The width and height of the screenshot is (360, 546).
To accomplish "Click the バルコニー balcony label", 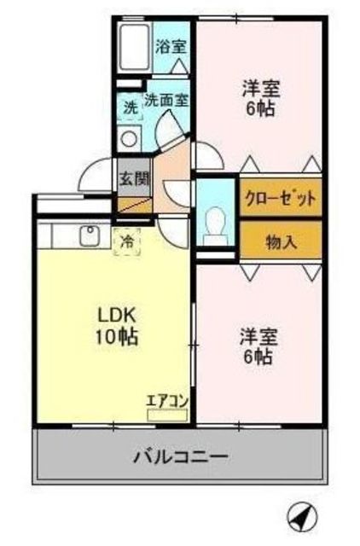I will tap(180, 456).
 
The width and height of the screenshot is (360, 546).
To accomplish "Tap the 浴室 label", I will tap(171, 48).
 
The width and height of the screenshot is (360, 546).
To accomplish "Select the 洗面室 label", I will tap(165, 100).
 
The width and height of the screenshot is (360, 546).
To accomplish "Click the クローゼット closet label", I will tap(281, 195).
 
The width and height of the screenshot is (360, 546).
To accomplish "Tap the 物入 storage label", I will tap(281, 241).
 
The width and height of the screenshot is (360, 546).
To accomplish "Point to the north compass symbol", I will tap(301, 514).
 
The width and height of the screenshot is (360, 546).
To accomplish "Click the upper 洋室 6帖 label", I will tap(259, 99).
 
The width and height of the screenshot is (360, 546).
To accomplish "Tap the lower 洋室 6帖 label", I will tap(257, 346).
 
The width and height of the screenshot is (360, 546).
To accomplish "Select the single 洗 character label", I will tap(130, 108).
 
